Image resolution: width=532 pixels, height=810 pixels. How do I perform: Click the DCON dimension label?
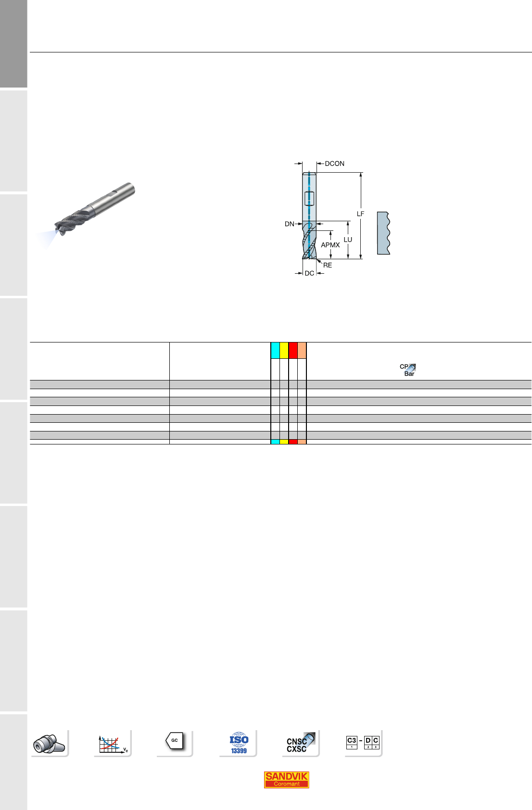(334, 164)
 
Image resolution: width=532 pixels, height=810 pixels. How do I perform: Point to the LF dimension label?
(360, 214)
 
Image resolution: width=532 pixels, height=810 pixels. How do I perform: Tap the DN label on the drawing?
(289, 224)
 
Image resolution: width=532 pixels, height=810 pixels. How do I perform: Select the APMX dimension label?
(330, 245)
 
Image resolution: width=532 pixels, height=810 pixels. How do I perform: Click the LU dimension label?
(348, 240)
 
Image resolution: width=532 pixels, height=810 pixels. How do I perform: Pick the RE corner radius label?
(327, 265)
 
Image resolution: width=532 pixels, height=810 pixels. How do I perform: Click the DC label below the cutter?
(309, 273)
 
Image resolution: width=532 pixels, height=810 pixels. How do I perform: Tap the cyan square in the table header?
(275, 350)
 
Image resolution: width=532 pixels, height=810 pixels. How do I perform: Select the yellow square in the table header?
(284, 350)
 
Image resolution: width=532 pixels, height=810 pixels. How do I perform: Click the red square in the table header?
(293, 350)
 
